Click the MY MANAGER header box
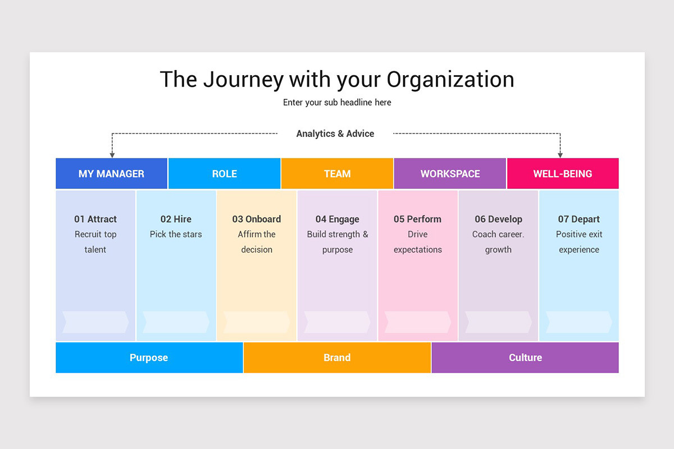point(111,173)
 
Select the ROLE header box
point(224,173)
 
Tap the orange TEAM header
point(337,173)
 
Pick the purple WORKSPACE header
point(450,173)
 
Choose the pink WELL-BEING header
point(562,173)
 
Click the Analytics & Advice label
point(335,134)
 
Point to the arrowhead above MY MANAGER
point(112,154)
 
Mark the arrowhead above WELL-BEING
point(560,154)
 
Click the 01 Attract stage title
point(95,219)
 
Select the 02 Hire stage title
point(176,219)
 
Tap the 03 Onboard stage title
point(257,219)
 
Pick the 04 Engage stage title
point(337,219)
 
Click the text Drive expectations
point(417,242)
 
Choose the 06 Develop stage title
point(498,219)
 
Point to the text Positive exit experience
point(579,242)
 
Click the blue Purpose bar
point(149,358)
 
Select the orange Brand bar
point(337,358)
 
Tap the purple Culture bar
point(525,358)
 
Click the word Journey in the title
point(243,80)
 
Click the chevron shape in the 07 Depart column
point(579,322)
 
